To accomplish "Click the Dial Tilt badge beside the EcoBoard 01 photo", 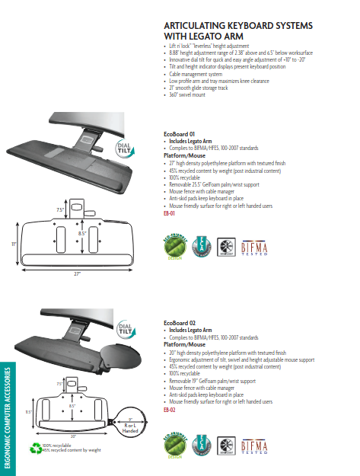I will click(x=125, y=150).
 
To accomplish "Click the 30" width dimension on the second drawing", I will click(x=73, y=437).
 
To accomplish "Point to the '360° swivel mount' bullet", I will click(x=187, y=94).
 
